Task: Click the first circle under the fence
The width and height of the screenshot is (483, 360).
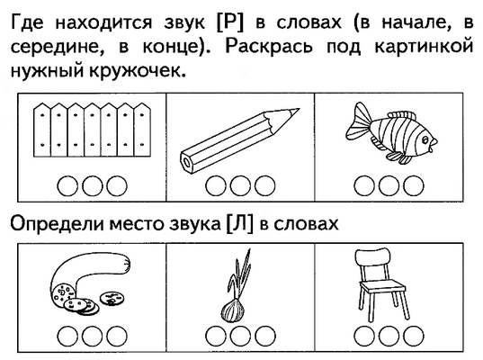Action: click(67, 186)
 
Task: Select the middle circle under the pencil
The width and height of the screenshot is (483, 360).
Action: click(240, 186)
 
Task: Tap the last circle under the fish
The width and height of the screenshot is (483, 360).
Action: click(414, 186)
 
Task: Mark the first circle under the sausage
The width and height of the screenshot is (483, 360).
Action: click(67, 336)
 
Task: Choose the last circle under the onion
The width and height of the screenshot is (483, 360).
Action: click(265, 336)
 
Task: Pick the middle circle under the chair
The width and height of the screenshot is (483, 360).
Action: click(389, 336)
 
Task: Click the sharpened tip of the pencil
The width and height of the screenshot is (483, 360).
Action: click(299, 109)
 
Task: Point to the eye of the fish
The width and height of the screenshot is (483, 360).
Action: click(425, 141)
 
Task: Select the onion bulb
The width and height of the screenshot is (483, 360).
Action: click(233, 310)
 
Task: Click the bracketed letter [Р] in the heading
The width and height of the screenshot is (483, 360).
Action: click(230, 22)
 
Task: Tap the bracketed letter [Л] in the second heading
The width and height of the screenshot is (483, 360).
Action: click(239, 223)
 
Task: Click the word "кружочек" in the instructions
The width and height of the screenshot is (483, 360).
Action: click(138, 71)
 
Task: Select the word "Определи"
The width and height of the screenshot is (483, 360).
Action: click(57, 224)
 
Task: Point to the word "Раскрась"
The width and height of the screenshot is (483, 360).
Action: click(269, 46)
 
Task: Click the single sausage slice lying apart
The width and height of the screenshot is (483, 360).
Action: click(112, 298)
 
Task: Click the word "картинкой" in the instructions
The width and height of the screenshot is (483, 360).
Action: click(424, 46)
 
